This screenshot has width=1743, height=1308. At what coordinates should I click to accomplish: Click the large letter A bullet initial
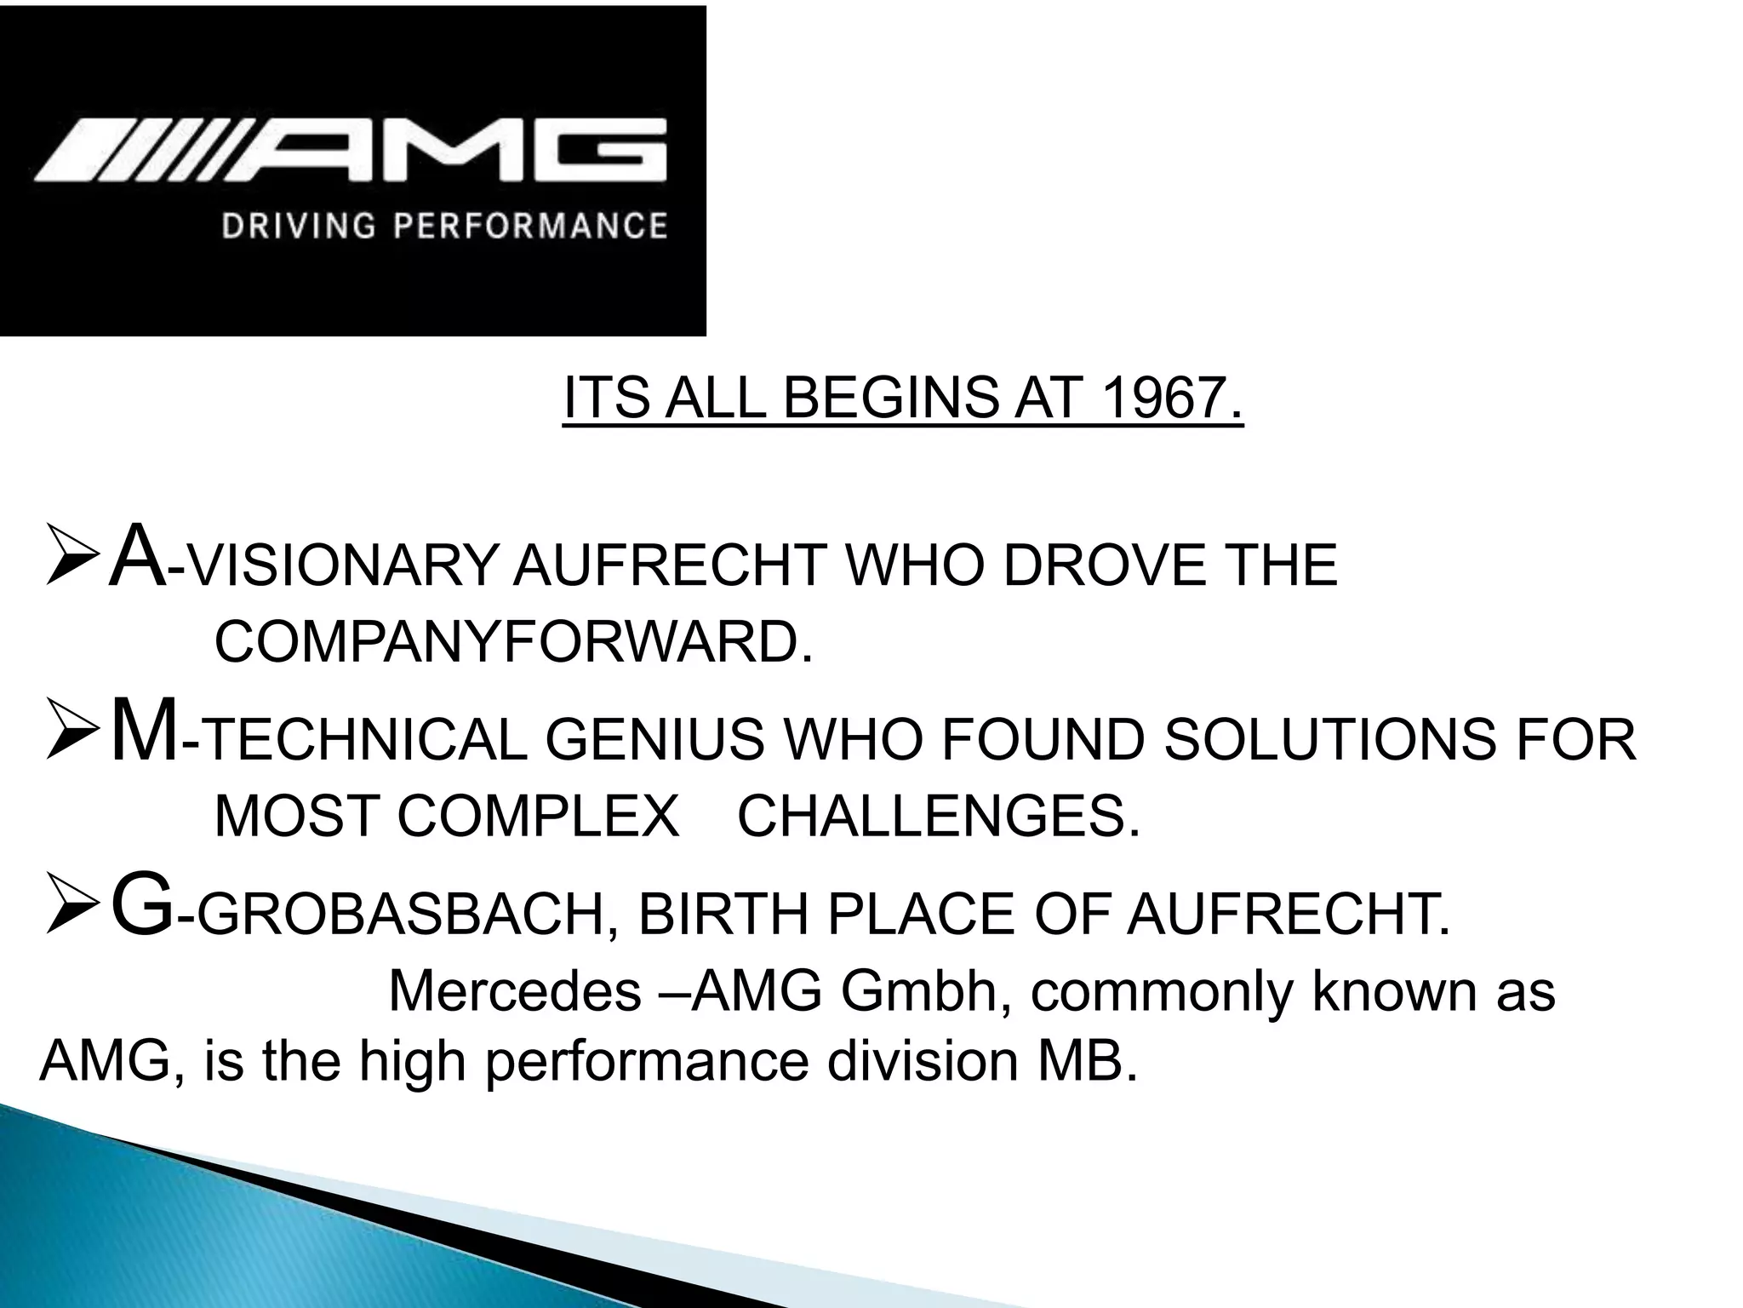pyautogui.click(x=138, y=558)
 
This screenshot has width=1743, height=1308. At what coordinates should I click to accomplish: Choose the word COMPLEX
pyautogui.click(x=538, y=816)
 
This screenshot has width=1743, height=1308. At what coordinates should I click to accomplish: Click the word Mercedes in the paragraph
pyautogui.click(x=514, y=991)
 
